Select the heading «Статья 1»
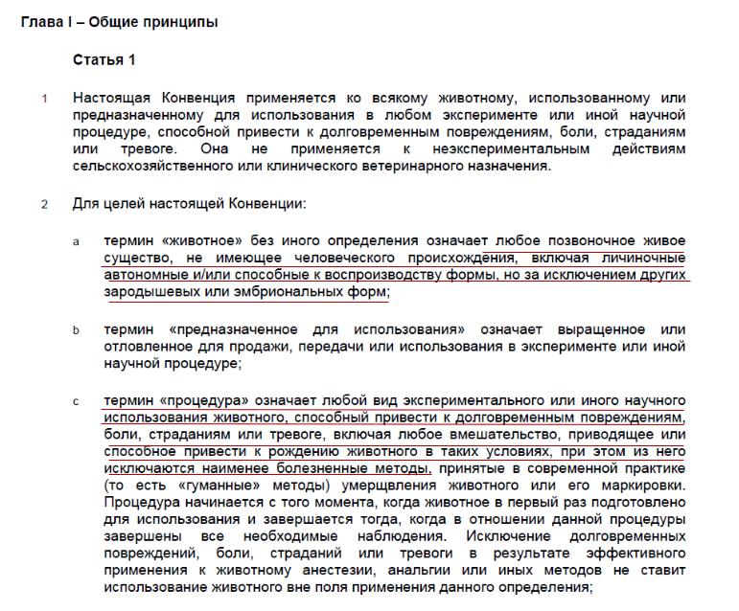[104, 60]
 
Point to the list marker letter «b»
[77, 329]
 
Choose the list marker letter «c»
[77, 400]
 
